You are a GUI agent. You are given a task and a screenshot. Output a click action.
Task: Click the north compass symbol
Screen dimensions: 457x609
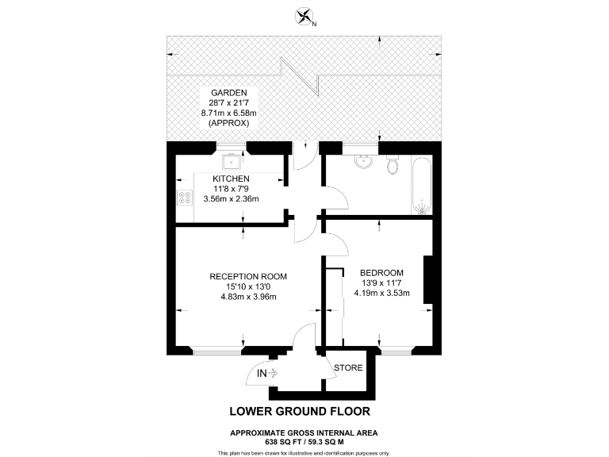pos(304,17)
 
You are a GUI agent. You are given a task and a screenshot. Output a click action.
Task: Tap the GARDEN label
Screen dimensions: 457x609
pos(229,93)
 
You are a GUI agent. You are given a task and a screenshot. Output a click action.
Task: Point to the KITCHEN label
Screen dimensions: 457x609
pos(231,179)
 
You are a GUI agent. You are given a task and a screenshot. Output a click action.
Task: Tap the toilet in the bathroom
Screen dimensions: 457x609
pos(392,166)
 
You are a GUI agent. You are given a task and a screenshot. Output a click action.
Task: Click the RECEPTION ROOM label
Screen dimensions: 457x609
pos(248,276)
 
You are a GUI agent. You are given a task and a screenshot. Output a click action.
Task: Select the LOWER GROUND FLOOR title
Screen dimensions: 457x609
pos(300,412)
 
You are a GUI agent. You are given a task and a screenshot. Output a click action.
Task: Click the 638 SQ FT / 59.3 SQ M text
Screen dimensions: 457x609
pos(304,441)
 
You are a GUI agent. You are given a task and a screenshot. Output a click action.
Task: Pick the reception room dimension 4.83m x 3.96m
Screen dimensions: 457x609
pos(248,297)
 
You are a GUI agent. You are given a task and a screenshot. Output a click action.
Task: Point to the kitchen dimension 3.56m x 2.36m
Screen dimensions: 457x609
pos(231,199)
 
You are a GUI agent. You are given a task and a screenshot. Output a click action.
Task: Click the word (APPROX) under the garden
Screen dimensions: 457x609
pos(229,125)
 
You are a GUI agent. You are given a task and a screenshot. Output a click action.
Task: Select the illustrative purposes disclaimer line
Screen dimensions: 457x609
pos(304,452)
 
